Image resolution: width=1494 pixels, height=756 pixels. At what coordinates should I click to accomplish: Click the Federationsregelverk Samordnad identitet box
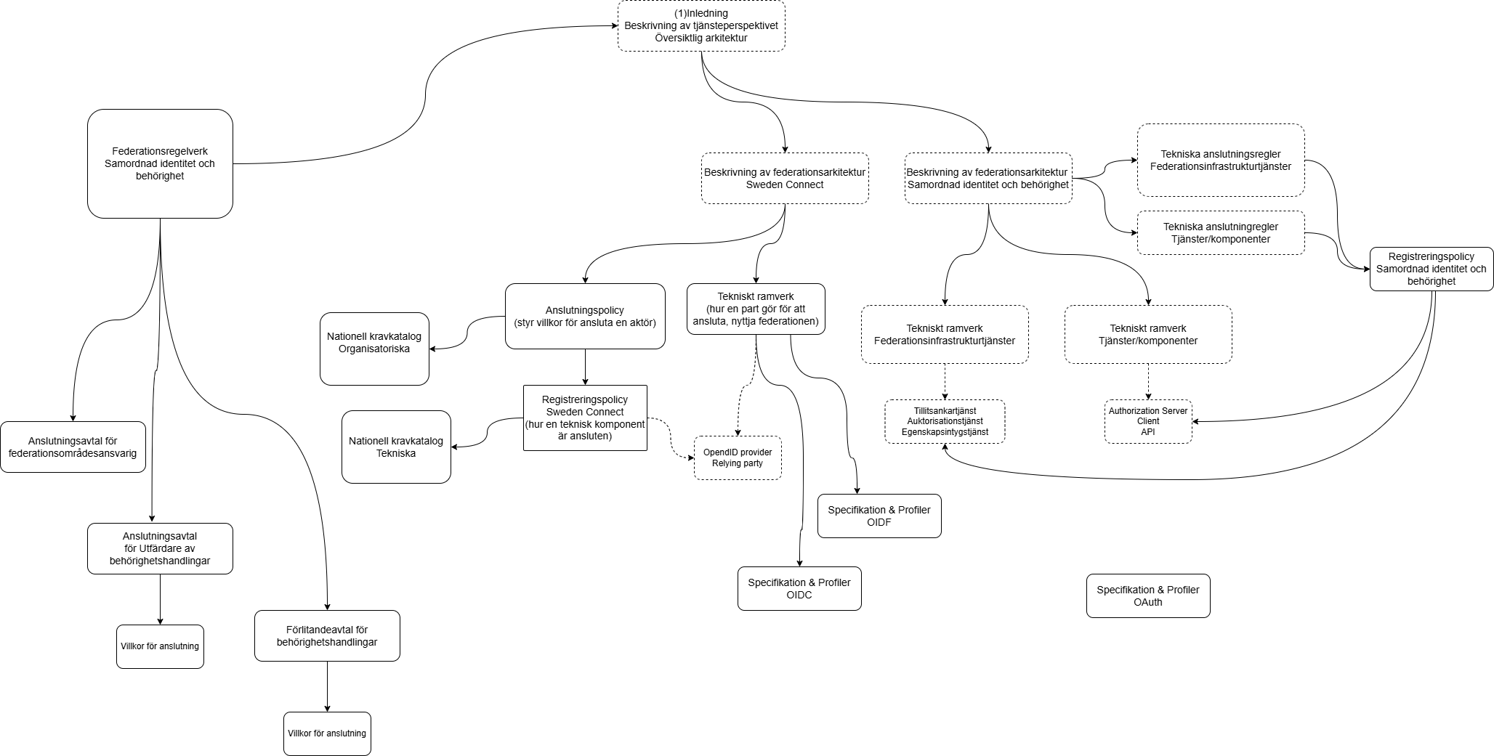160,163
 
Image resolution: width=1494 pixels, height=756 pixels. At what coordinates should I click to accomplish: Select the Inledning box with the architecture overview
701,25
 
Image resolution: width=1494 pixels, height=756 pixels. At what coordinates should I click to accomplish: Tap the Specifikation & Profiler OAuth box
1148,596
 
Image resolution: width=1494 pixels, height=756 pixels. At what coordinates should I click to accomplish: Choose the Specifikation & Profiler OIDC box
799,588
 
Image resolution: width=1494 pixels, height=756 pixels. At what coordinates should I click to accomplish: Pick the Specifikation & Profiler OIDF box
879,516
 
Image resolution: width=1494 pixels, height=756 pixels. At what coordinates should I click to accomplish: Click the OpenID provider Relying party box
738,458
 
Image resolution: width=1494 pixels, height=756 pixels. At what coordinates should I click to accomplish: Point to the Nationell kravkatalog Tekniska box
396,447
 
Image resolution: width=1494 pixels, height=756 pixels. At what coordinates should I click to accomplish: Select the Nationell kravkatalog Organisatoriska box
374,349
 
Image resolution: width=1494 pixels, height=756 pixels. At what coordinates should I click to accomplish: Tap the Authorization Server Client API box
1148,421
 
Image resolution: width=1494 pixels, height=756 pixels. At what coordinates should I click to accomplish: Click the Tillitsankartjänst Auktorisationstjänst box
945,421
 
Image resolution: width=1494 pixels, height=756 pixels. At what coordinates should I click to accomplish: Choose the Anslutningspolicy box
585,316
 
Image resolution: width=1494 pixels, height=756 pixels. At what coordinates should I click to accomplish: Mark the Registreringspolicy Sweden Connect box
585,418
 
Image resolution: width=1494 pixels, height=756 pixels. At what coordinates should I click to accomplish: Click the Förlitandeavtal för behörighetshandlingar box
327,635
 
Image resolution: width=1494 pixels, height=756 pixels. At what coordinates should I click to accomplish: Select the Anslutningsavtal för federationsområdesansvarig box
73,447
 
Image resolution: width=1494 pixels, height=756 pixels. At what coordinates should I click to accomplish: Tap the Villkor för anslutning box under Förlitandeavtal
327,733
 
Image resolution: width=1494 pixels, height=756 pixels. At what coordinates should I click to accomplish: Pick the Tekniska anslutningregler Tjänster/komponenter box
1221,232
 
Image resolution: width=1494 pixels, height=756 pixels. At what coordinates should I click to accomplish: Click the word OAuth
1148,602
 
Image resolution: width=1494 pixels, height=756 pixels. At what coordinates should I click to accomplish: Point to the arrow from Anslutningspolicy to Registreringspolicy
585,367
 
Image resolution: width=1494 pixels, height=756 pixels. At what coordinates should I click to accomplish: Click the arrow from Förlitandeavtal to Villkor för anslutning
327,686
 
